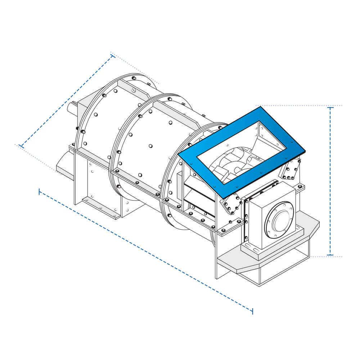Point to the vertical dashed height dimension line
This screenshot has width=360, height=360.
point(330,180)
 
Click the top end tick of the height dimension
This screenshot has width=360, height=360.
point(330,107)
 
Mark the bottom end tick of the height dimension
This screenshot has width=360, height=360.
point(330,255)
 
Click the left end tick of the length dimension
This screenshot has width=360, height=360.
point(39,192)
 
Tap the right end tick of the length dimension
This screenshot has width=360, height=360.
point(252,311)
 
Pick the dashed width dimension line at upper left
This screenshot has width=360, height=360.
point(67,101)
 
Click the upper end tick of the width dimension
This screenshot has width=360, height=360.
point(113,56)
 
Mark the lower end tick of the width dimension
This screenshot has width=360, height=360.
point(21,146)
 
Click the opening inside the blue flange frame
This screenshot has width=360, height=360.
point(241,151)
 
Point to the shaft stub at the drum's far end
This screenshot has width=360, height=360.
point(72,108)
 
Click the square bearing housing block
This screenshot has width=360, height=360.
point(270,216)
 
